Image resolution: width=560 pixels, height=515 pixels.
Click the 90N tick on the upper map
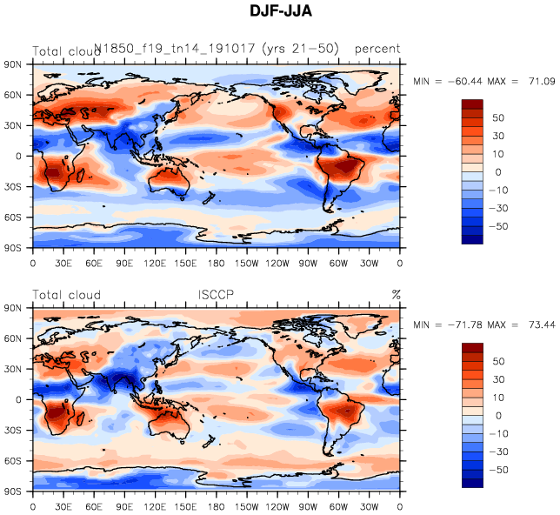click(13, 64)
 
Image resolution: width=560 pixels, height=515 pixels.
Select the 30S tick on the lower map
click(13, 431)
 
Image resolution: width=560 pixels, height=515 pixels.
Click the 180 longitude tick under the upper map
click(217, 263)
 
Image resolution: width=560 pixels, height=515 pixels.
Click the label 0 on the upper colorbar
click(499, 171)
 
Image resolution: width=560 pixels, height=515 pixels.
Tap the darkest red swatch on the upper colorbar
click(472, 104)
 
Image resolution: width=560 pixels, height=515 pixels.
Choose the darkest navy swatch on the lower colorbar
click(472, 483)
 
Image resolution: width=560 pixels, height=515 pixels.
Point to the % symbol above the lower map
click(396, 294)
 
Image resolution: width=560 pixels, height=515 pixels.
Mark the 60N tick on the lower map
click(13, 338)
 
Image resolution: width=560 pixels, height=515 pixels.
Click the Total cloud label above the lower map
click(66, 294)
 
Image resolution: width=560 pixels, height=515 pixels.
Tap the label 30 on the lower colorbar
click(499, 379)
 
